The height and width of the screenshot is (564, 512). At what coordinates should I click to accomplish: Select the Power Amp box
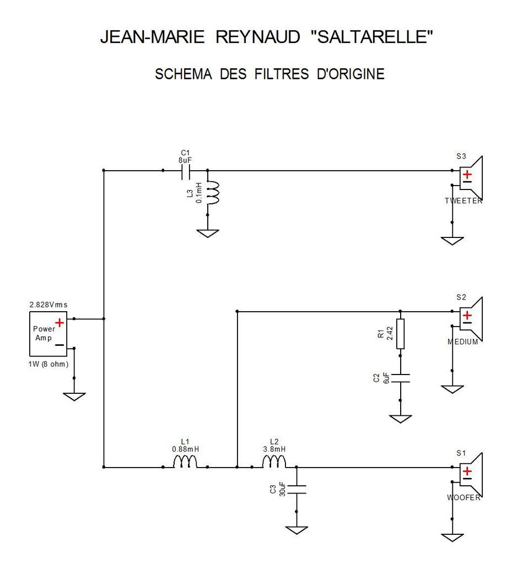click(48, 334)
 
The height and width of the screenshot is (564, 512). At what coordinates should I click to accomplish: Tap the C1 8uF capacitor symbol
click(186, 171)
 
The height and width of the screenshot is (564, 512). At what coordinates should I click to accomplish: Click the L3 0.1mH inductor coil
click(213, 192)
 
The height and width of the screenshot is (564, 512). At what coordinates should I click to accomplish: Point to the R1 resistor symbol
click(400, 333)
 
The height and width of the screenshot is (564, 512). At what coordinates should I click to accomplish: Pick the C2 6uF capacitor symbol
click(400, 378)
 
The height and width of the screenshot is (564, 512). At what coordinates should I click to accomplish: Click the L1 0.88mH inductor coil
click(185, 462)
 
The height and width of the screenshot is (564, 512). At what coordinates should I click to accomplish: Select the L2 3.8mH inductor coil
click(274, 462)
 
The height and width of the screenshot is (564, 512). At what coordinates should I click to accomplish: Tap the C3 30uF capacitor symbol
click(297, 489)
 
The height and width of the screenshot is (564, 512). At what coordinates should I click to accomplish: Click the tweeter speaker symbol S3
click(471, 178)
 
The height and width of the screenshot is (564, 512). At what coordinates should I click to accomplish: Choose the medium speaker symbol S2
click(471, 319)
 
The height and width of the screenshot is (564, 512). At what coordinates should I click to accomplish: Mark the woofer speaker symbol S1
click(471, 475)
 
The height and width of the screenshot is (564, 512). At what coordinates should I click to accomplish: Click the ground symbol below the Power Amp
click(74, 397)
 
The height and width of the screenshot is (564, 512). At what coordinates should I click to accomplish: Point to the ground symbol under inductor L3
click(208, 234)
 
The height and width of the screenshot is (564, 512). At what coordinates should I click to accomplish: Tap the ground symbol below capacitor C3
click(297, 530)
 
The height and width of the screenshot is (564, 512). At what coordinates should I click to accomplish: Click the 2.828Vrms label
click(48, 305)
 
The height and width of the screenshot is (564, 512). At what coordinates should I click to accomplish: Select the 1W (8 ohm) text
click(48, 364)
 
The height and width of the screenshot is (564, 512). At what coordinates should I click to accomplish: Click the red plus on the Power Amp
click(60, 322)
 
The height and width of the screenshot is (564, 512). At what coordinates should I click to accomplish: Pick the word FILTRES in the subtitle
click(282, 74)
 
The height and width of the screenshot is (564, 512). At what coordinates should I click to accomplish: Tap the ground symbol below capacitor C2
click(400, 419)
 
